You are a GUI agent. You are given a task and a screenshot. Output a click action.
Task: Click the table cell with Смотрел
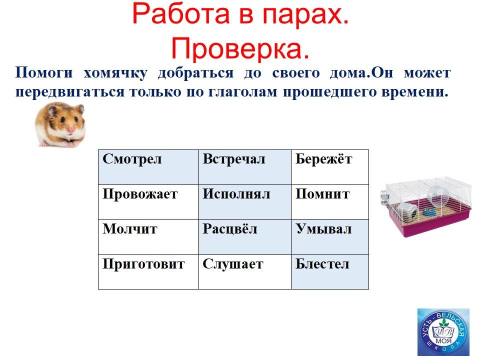point(148,167)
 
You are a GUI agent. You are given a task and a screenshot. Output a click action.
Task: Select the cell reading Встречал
point(244,167)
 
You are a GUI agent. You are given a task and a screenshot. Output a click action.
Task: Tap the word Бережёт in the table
point(323,159)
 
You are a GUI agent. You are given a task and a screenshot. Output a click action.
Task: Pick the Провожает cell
point(148,202)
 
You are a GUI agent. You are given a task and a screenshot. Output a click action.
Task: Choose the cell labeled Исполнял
point(244,202)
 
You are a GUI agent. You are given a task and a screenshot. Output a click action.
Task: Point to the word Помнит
point(322,194)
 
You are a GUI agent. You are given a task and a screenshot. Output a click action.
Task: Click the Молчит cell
point(148,237)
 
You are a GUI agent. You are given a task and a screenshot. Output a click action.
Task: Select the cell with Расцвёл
point(244,237)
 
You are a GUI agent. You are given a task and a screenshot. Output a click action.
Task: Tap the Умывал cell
point(330,237)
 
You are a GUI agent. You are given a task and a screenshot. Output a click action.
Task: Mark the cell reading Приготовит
point(148,272)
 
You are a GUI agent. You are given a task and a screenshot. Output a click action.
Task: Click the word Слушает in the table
point(232,264)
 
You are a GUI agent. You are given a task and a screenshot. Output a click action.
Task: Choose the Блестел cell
point(330,272)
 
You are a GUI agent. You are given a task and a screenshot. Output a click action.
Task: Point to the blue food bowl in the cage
point(428,211)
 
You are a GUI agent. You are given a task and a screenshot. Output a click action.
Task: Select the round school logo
point(443,332)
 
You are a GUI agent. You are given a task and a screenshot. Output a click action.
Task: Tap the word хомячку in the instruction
point(115,73)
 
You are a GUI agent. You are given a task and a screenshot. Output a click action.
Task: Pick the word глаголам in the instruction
point(242,92)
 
